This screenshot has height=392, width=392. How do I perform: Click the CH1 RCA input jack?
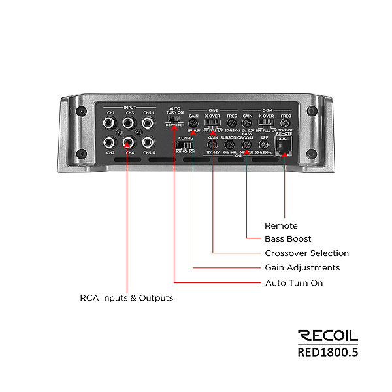point(110,123)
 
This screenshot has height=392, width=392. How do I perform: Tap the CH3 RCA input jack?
point(129,123)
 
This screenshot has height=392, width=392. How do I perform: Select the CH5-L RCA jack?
point(149,123)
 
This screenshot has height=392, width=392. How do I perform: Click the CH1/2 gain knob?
point(194,123)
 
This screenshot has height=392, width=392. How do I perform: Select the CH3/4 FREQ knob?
point(285,123)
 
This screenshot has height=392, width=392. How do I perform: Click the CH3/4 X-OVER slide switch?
point(265,123)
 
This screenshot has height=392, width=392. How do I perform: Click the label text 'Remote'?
point(281,226)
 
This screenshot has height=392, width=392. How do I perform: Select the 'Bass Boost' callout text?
point(288,239)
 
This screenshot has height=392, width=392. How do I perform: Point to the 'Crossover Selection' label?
point(307,253)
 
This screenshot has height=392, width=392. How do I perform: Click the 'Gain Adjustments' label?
point(302,268)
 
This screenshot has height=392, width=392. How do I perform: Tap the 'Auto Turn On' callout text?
point(294,283)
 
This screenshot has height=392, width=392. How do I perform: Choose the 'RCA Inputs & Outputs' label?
point(127,298)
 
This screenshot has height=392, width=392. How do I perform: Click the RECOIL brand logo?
point(328,337)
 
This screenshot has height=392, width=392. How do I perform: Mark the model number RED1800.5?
point(328,352)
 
